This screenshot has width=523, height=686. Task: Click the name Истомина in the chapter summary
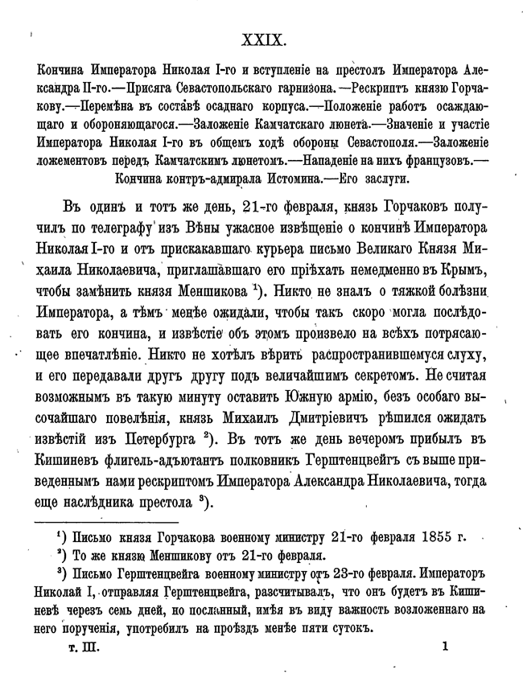(x=296, y=178)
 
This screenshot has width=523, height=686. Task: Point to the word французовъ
(x=430, y=159)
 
